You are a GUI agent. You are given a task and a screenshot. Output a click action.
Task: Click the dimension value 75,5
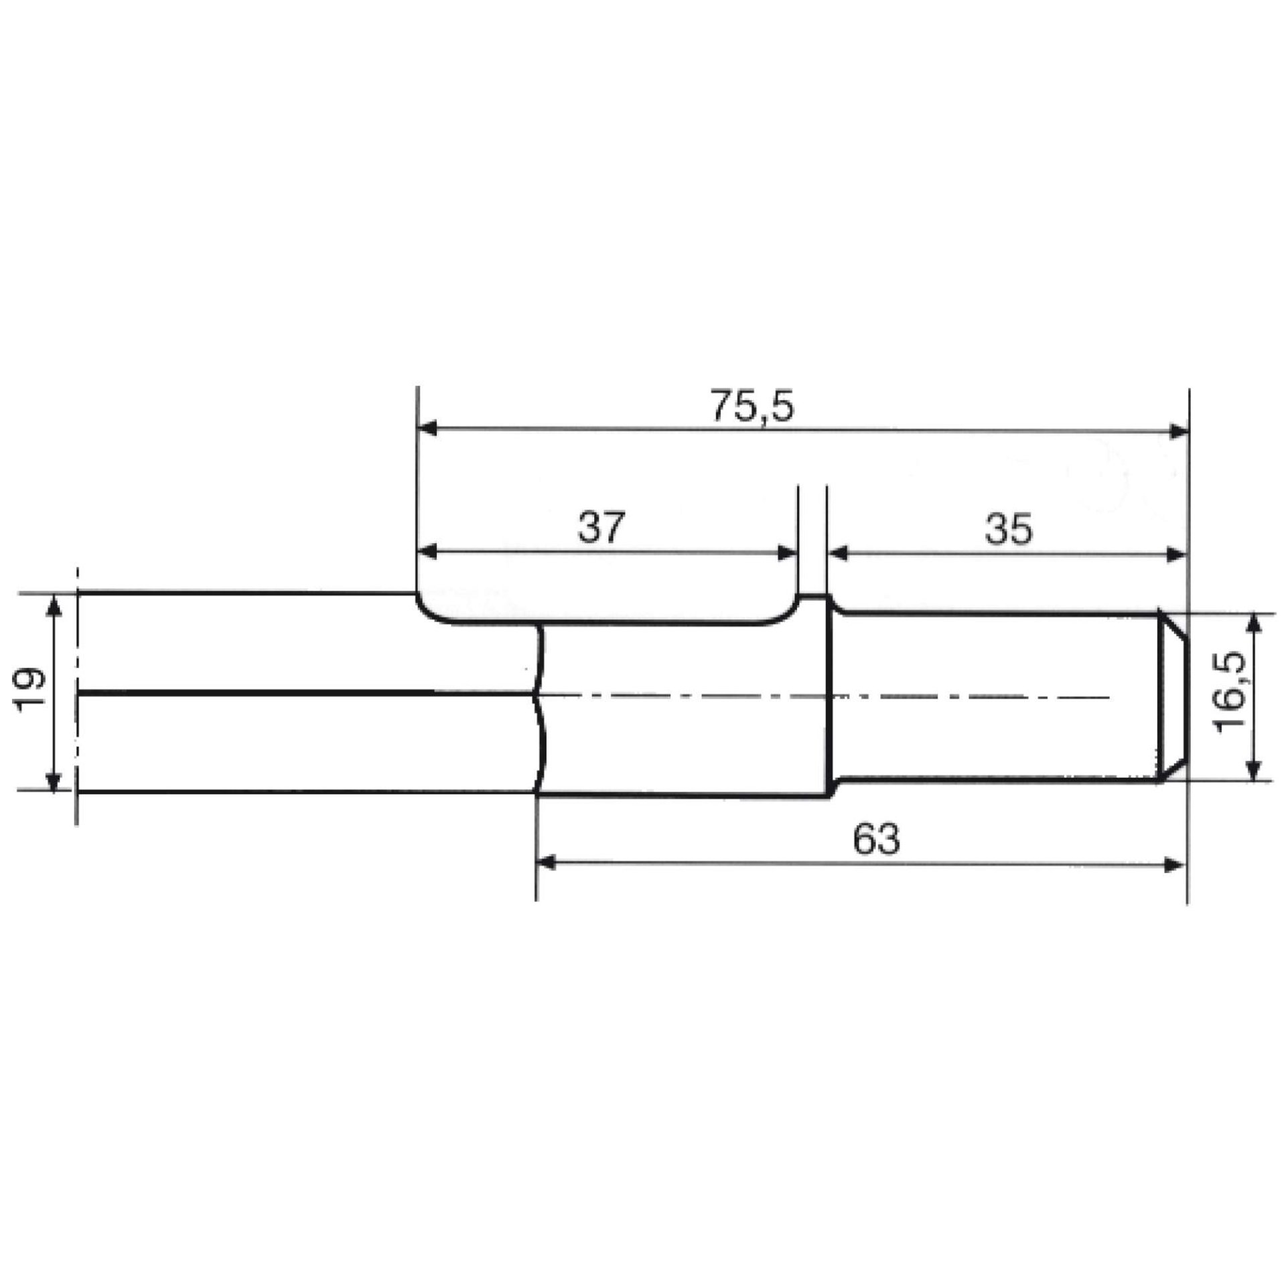click(x=752, y=407)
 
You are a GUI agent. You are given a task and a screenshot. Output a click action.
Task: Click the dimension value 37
click(x=601, y=528)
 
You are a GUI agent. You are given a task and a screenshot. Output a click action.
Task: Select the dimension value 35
click(x=1009, y=529)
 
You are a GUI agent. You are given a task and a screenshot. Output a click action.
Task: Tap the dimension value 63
click(x=875, y=839)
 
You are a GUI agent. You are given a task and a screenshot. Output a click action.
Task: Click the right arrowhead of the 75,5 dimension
click(x=1177, y=432)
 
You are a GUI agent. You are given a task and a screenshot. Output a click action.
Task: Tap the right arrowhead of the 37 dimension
click(x=788, y=553)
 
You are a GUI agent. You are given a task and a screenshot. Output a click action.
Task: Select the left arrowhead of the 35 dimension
click(x=838, y=553)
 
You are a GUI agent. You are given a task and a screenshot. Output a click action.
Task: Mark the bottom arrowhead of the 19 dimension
click(x=54, y=780)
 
